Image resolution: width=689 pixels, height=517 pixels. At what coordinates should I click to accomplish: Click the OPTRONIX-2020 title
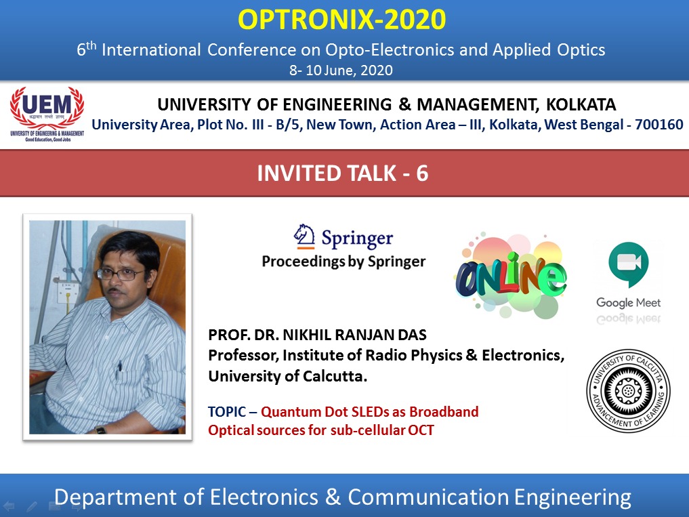[342, 21]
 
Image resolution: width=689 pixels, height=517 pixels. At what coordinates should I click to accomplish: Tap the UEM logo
[47, 113]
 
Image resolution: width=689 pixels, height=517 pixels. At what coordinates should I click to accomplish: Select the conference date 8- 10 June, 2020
[341, 70]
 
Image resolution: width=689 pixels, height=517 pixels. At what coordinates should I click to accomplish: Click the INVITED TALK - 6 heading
[343, 173]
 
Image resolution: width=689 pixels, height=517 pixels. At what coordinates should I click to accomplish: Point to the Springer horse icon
[304, 237]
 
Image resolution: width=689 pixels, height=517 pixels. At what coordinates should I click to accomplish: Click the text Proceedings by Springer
[343, 262]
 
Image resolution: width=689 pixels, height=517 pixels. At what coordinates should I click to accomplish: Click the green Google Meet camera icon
[628, 266]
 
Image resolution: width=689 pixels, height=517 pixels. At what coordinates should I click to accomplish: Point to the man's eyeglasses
[120, 274]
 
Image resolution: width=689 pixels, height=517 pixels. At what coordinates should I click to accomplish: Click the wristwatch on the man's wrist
[100, 429]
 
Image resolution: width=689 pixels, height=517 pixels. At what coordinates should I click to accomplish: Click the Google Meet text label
[628, 302]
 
